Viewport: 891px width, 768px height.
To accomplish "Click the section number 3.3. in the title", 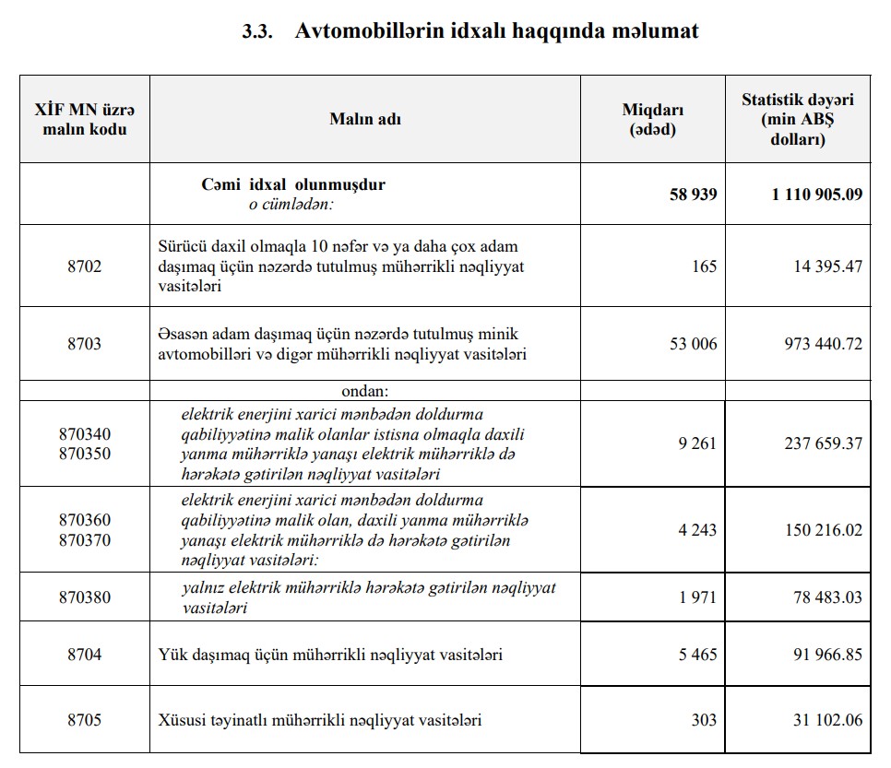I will pyautogui.click(x=260, y=31).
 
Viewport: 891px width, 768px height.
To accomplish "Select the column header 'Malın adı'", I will pyautogui.click(x=365, y=119).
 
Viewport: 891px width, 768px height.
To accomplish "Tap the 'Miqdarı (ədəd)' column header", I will pyautogui.click(x=653, y=119).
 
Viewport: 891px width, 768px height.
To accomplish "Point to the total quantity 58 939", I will pyautogui.click(x=693, y=195).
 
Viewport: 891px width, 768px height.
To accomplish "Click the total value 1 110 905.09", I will pyautogui.click(x=817, y=195).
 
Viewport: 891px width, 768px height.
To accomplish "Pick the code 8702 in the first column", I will pyautogui.click(x=85, y=266).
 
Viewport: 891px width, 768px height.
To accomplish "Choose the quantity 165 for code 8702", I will pyautogui.click(x=703, y=266).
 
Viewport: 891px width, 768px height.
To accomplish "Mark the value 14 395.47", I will pyautogui.click(x=826, y=266).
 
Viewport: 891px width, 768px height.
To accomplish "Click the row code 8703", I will pyautogui.click(x=85, y=344).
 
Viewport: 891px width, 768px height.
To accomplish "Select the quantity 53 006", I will pyautogui.click(x=693, y=344).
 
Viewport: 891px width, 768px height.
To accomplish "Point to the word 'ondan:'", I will pyautogui.click(x=365, y=391).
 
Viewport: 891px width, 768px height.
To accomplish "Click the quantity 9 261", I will pyautogui.click(x=696, y=443).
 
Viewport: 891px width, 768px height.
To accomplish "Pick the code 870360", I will pyautogui.click(x=85, y=520).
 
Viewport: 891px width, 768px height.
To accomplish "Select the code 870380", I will pyautogui.click(x=85, y=597).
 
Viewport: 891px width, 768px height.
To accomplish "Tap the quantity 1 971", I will pyautogui.click(x=696, y=597).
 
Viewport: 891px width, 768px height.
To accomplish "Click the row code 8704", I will pyautogui.click(x=85, y=655).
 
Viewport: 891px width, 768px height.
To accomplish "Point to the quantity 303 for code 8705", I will pyautogui.click(x=703, y=720).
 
